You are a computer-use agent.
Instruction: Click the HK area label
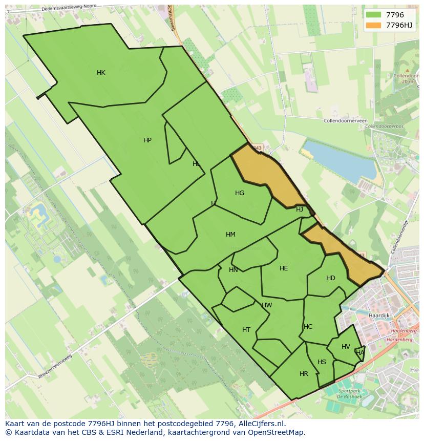tap(101, 73)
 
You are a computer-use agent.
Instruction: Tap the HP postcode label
tap(147, 140)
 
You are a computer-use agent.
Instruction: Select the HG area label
tap(240, 193)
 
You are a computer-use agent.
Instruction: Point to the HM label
tap(230, 235)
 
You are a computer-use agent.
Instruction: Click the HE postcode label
tap(284, 268)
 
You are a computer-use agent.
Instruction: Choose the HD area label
tap(331, 278)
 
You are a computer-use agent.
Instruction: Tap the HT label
tap(246, 330)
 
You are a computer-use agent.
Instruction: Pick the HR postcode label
tap(304, 374)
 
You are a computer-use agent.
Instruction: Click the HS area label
tap(322, 362)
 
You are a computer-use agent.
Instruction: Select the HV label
tap(346, 347)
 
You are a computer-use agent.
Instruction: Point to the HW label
tap(267, 305)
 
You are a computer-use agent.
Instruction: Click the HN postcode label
tap(234, 270)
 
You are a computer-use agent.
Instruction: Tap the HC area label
tap(308, 327)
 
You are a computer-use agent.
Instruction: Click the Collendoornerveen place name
tap(346, 121)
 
